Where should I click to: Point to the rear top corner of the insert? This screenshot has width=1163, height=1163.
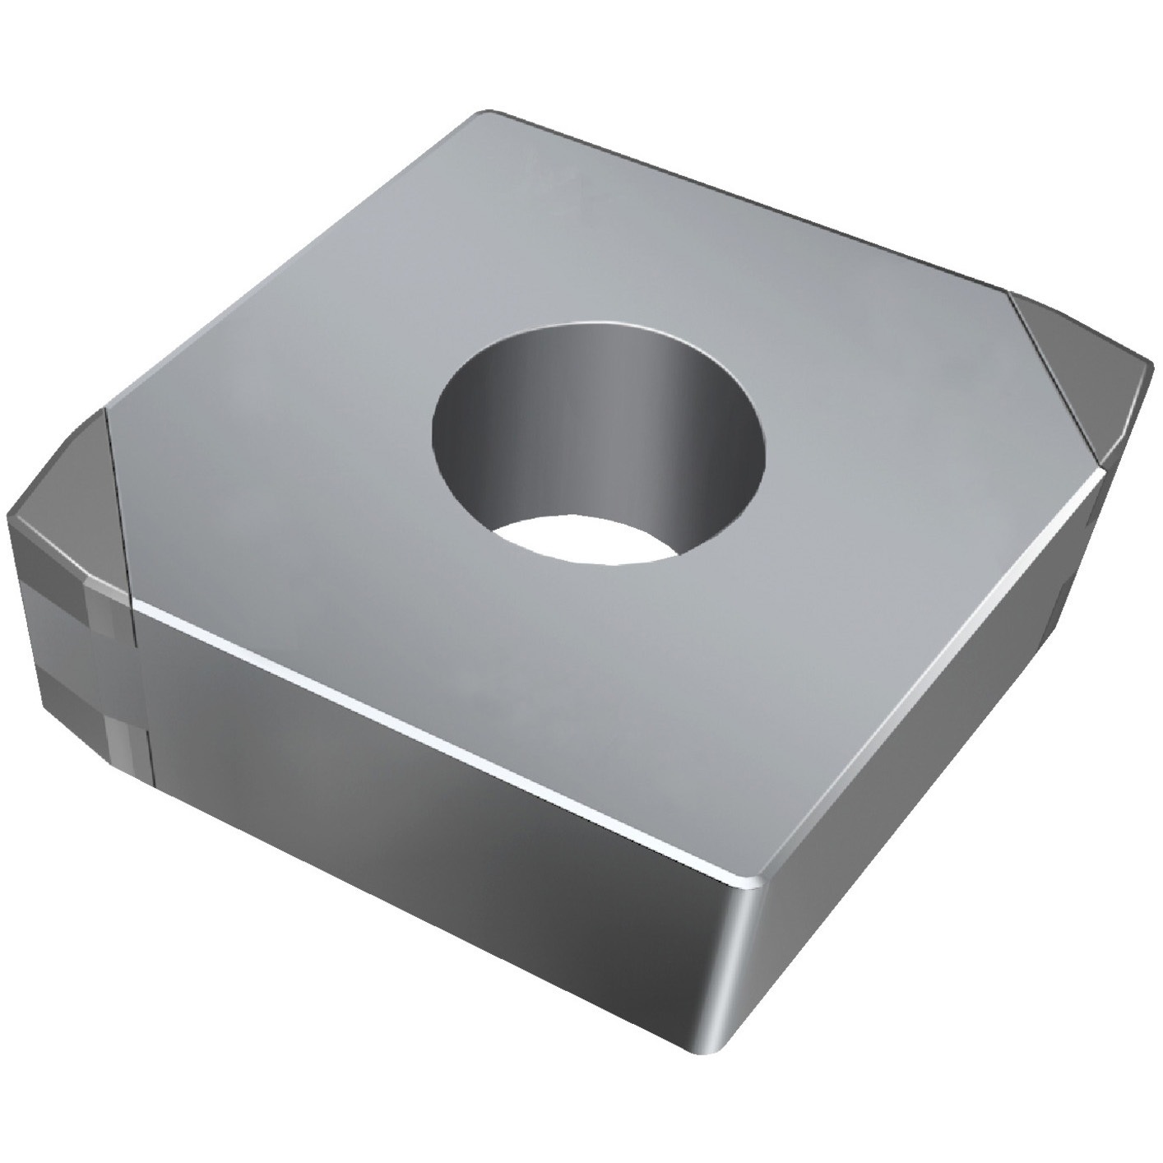[485, 114]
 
